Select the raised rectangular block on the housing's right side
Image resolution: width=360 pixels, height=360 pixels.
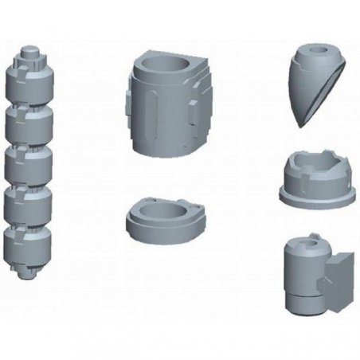tap(195, 119)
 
